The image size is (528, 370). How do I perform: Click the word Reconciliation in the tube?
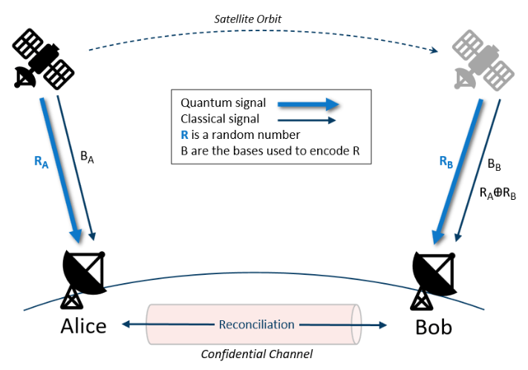point(257,325)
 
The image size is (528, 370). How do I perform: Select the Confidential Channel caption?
point(257,354)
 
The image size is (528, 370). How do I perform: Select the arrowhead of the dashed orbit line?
point(432,51)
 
